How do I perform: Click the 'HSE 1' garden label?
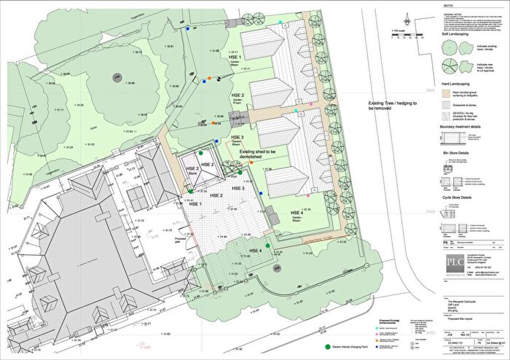[x=233, y=55]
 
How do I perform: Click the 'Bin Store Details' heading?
[x=456, y=154]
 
